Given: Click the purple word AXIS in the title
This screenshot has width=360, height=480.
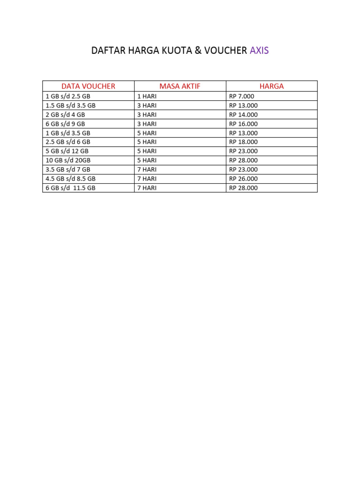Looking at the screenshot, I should point(259,51).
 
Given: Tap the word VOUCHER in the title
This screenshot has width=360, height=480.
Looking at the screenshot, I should point(225,51).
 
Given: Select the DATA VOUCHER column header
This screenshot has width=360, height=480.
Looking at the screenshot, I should point(88,86).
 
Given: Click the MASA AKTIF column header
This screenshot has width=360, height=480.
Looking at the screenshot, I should point(180,86).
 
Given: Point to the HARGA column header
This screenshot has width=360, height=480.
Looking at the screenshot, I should point(272,86).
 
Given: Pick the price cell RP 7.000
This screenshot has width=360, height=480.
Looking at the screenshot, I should point(242,96).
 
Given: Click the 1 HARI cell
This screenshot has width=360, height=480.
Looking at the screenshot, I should point(147,96).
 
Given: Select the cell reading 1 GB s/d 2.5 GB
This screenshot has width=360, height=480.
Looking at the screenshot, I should point(68,96).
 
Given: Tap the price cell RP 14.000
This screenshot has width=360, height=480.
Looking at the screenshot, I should point(243,114).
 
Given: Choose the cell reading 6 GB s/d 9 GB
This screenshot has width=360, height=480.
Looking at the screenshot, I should point(65,124).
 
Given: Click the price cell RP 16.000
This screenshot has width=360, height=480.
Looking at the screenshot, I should point(243,124).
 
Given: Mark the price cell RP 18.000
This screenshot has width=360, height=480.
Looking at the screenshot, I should point(243,142).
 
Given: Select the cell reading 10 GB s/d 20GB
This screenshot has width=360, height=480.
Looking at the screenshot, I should point(68,160).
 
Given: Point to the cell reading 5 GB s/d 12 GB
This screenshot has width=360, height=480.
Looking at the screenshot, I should point(67,151).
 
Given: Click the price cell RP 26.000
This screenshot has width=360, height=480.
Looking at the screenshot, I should point(243,179).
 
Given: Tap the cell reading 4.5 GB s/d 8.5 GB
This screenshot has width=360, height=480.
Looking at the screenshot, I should point(70,179).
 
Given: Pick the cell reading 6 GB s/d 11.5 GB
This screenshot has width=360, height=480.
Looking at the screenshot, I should point(70,188).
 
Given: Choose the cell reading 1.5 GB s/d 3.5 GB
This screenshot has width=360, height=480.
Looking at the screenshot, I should point(70,105).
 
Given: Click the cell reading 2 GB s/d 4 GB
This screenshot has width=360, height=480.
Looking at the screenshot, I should point(65,114).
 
